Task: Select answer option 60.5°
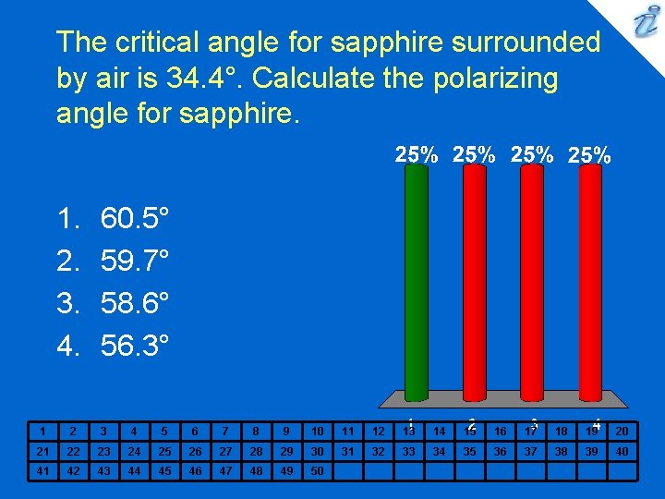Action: pyautogui.click(x=135, y=219)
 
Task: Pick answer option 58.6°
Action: pyautogui.click(x=135, y=304)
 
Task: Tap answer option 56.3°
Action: pyautogui.click(x=135, y=347)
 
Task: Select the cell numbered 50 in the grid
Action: pyautogui.click(x=317, y=470)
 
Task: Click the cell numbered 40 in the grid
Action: pyautogui.click(x=622, y=451)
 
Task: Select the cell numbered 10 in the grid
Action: pyautogui.click(x=317, y=431)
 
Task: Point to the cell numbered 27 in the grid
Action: pyautogui.click(x=225, y=451)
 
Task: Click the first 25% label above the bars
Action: pyautogui.click(x=417, y=154)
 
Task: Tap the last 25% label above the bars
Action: pyautogui.click(x=588, y=155)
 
